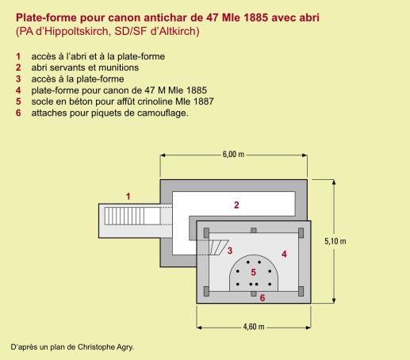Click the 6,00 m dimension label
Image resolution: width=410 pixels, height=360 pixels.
point(233,154)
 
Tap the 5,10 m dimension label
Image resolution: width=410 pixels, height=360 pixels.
point(335,241)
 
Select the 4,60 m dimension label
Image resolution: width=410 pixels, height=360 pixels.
point(254,327)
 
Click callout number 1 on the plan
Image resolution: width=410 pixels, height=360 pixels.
point(128,197)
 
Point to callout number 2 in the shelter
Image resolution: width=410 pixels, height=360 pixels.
point(236,205)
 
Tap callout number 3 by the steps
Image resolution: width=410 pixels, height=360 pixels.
point(230,251)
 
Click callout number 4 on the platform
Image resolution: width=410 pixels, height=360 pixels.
point(284,254)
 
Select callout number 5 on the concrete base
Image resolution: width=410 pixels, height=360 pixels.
point(253,272)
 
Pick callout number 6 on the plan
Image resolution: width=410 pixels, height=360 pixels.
point(262,297)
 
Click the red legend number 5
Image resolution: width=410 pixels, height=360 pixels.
point(18,101)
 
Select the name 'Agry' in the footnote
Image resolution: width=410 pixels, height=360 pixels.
point(125,347)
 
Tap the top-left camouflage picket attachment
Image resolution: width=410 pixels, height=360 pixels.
point(206,233)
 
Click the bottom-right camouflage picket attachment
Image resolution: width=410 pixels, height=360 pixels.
point(301,291)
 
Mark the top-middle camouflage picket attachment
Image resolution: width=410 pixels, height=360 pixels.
point(254,231)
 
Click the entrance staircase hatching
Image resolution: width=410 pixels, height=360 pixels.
point(125,216)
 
